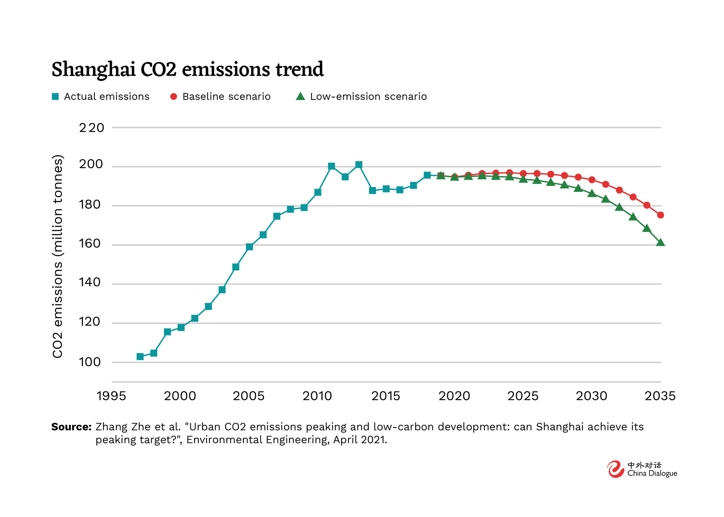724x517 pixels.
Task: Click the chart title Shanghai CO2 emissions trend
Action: [x=188, y=69]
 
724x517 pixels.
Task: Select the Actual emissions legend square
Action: [x=55, y=96]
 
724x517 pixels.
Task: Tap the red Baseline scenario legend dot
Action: [x=173, y=96]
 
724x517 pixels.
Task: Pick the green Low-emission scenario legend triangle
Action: [x=300, y=96]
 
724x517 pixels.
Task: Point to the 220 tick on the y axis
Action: [x=91, y=128]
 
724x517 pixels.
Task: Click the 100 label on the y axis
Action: [x=90, y=362]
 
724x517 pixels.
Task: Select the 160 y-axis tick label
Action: [x=90, y=244]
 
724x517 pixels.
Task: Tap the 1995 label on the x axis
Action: [x=111, y=396]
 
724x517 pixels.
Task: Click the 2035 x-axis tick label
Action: [x=660, y=396]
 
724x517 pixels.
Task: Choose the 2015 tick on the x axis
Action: [x=386, y=396]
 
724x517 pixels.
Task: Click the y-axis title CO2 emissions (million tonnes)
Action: [x=58, y=257]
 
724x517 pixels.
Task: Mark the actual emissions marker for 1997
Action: [x=140, y=357]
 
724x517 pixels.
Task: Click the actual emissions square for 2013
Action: [x=359, y=165]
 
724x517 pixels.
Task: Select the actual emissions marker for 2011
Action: [x=331, y=166]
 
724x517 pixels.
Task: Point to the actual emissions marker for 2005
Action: [x=249, y=247]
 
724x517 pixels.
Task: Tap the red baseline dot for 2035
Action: [x=660, y=215]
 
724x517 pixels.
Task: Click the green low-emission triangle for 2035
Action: [x=660, y=242]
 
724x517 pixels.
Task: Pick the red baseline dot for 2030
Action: [x=592, y=180]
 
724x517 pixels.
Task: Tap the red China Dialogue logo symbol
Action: [x=615, y=469]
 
